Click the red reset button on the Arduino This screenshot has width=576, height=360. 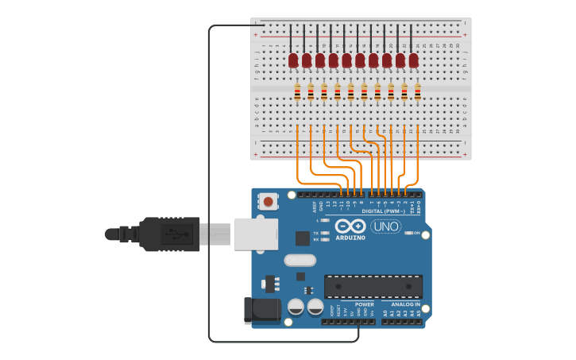tap(269, 202)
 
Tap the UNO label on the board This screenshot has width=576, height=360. tap(386, 226)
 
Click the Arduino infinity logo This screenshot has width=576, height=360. tap(350, 226)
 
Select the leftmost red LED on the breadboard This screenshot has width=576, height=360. tap(293, 60)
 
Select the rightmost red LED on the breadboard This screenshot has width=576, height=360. tap(413, 60)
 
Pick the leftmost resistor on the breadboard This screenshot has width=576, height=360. tap(298, 93)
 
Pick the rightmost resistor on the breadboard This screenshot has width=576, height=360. tap(417, 93)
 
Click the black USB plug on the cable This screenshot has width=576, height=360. tap(169, 234)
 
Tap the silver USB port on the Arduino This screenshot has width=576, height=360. tap(256, 234)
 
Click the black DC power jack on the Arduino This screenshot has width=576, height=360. tap(262, 310)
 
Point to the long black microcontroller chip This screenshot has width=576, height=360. tap(373, 286)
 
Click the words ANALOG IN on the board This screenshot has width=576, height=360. tap(405, 304)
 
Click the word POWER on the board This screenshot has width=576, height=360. tap(364, 304)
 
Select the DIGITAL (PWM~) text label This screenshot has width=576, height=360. tap(385, 211)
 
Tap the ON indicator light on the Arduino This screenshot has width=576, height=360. tap(408, 233)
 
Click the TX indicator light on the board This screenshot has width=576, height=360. tap(324, 233)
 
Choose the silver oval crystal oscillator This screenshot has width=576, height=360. tap(300, 260)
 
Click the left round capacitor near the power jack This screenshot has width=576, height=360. tap(296, 307)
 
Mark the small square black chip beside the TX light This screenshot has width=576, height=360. tap(303, 238)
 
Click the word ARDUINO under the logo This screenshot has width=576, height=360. tap(350, 238)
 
